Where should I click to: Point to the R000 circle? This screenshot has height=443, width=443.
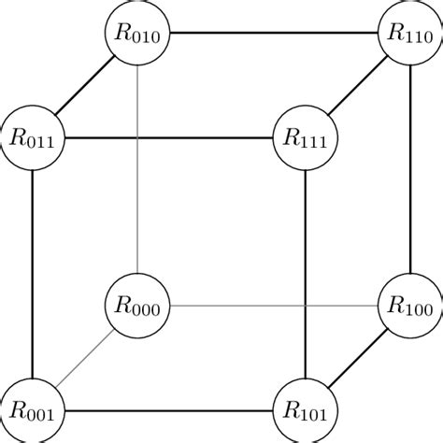[x=138, y=305]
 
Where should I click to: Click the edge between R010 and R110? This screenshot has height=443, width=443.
[x=274, y=35]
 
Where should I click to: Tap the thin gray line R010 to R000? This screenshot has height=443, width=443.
[x=138, y=169]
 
